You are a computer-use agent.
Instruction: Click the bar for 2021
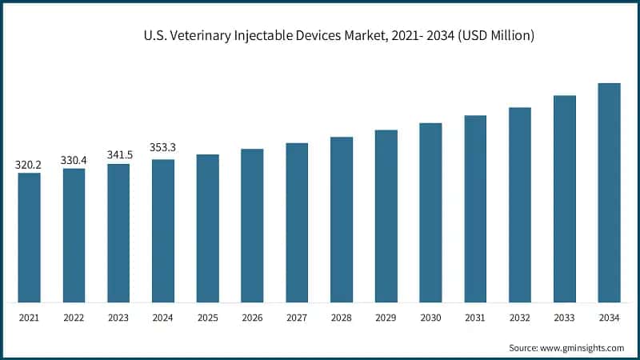[x=29, y=238]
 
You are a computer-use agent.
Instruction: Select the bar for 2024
[x=163, y=231]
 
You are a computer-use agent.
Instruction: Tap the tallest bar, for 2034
[x=610, y=193]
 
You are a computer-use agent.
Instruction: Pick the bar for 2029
[x=386, y=216]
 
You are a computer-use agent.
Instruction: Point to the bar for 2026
[x=252, y=226]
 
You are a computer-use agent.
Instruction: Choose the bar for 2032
[x=520, y=205]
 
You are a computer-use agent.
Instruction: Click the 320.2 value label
[x=29, y=165]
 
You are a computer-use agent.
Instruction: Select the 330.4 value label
[x=74, y=160]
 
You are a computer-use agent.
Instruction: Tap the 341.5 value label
[x=118, y=155]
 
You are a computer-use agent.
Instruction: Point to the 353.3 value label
[x=163, y=148]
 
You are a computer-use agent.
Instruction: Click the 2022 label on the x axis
[x=74, y=318]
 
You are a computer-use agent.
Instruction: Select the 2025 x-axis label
[x=207, y=318]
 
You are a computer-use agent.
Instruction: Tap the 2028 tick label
[x=342, y=318]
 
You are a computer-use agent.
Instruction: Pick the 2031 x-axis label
[x=475, y=318]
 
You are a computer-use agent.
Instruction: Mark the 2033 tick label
[x=565, y=318]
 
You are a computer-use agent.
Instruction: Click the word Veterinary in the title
[x=195, y=36]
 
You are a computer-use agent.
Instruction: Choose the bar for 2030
[x=431, y=213]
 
